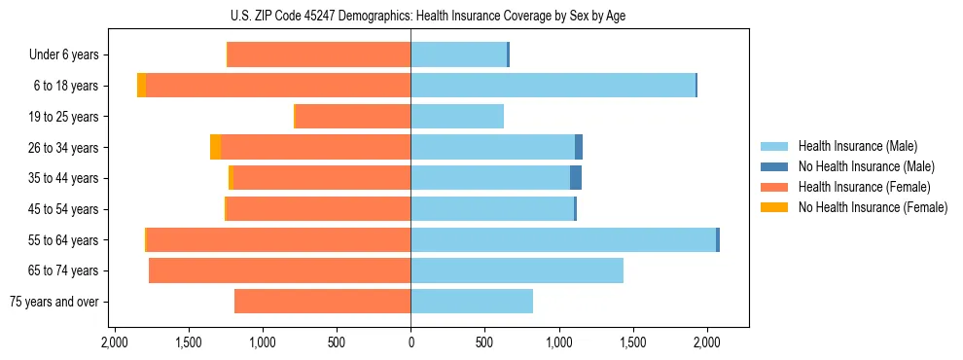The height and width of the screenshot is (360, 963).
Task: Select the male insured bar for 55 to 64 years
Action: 563,239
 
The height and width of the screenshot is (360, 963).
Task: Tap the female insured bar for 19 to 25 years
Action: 353,117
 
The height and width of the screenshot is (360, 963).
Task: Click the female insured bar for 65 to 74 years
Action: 280,270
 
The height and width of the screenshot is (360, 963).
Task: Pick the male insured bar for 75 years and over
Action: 472,302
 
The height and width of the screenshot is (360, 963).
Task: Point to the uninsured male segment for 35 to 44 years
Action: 576,178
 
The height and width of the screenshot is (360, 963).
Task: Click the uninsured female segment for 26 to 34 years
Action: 215,147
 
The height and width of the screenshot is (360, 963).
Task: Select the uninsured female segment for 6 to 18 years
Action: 142,86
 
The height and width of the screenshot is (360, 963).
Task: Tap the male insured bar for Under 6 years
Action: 459,54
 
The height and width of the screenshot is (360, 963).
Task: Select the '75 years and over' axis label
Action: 54,302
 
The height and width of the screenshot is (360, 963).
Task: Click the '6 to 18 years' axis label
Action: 66,86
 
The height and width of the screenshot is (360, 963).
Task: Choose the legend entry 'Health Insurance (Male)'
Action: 857,146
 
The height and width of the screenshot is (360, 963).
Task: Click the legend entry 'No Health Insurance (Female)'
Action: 873,207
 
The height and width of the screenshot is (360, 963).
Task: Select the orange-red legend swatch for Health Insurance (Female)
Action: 774,187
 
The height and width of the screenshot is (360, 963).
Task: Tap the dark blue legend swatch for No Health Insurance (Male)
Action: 774,166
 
